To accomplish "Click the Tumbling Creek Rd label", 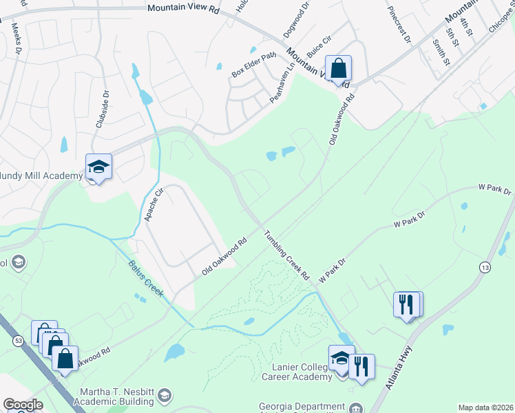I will click(x=287, y=255).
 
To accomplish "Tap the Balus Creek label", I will click(x=146, y=278).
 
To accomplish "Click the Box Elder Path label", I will click(x=253, y=64).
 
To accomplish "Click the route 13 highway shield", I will click(x=486, y=267).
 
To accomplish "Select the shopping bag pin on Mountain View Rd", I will click(x=338, y=69).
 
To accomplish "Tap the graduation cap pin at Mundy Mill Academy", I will click(x=98, y=167).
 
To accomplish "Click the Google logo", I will click(x=22, y=405).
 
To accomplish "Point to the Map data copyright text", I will click(x=485, y=407).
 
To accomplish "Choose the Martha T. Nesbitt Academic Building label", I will click(x=118, y=396).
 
